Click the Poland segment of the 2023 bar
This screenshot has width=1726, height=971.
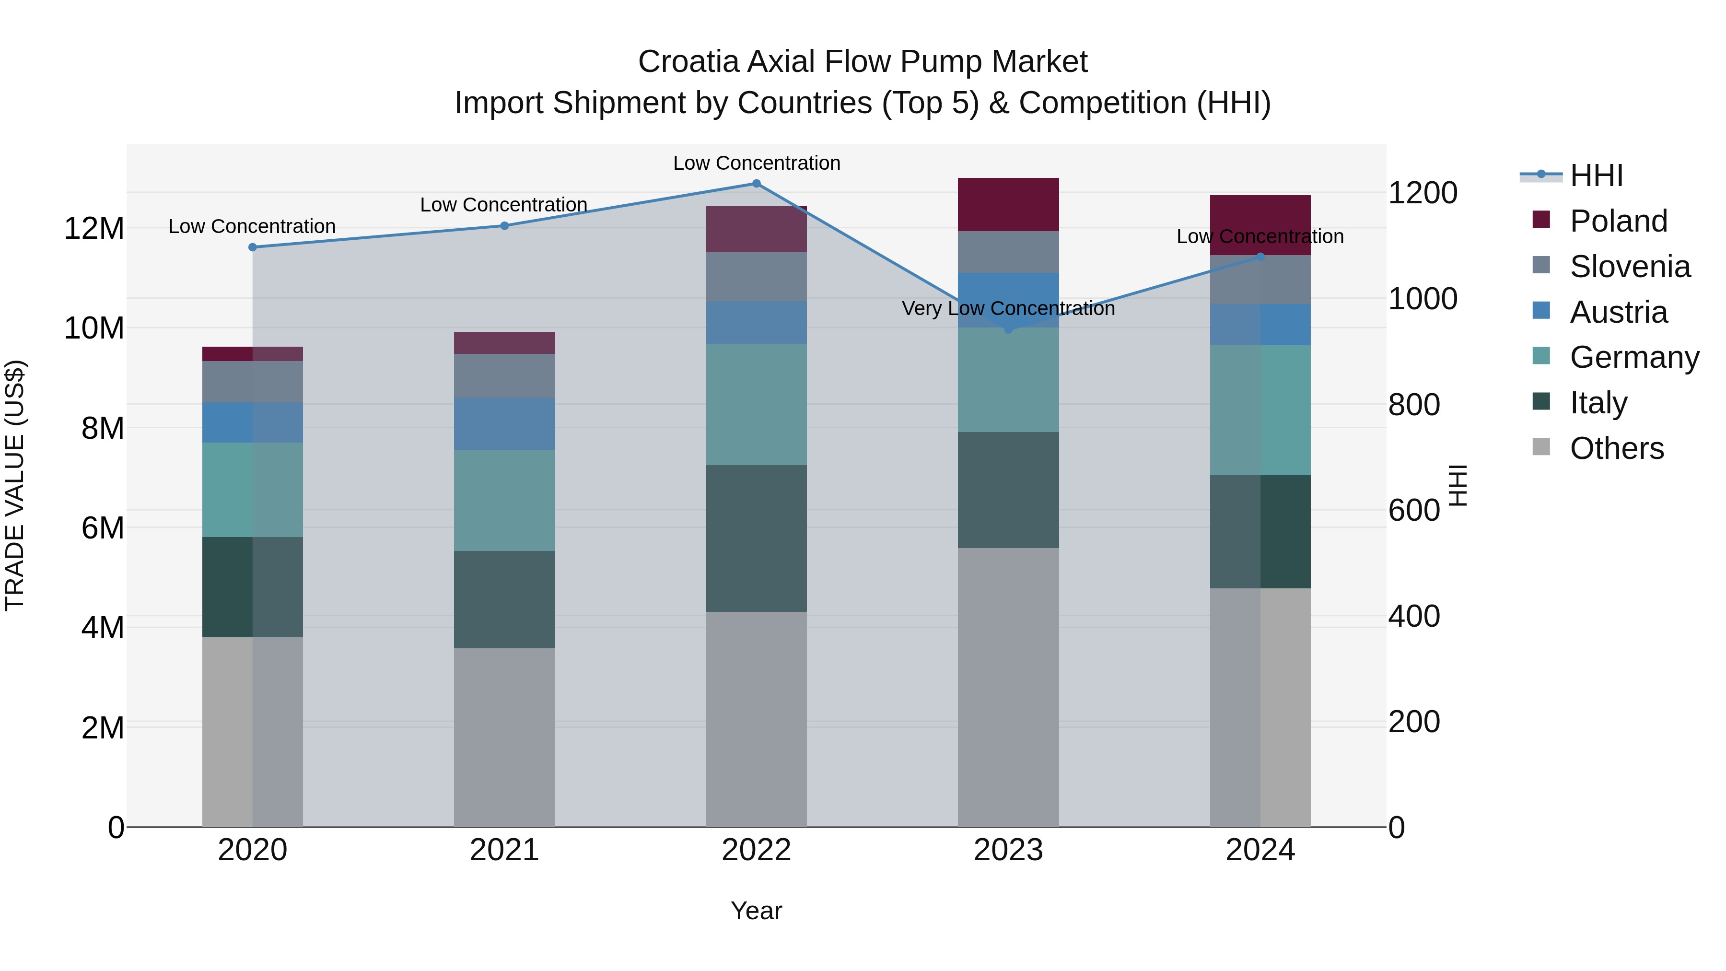pos(1008,204)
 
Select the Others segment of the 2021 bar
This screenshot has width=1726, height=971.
pos(504,737)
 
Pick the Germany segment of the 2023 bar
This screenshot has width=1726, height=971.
pos(1008,380)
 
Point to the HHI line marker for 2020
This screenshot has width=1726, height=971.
pos(253,247)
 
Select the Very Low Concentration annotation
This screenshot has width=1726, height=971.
pos(1008,309)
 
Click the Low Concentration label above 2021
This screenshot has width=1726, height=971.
pos(503,205)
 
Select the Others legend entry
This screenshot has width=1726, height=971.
pos(1616,448)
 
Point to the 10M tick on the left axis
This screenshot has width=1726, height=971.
pos(94,328)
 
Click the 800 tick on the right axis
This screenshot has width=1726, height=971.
pos(1414,405)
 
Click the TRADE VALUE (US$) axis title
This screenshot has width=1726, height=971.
pos(15,485)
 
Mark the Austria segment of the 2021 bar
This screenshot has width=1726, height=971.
pos(504,424)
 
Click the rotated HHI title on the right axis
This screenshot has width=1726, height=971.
pos(1458,485)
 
